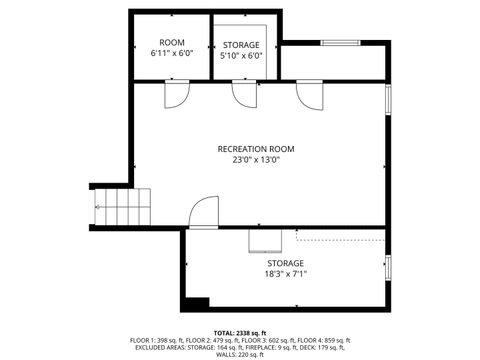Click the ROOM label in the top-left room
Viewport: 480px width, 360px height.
(172, 41)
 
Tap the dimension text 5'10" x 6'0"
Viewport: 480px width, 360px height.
(241, 56)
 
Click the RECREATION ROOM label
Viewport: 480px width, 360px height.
(256, 149)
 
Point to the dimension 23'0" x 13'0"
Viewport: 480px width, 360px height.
(256, 160)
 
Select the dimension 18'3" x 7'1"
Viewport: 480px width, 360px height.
(285, 273)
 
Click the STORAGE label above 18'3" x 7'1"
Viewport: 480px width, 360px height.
(285, 262)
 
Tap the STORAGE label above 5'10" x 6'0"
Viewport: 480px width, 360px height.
(241, 45)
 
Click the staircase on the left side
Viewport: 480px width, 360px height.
(120, 208)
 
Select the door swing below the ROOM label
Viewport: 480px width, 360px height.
(175, 94)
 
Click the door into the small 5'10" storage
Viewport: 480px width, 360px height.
(243, 93)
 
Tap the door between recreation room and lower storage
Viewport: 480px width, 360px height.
(202, 212)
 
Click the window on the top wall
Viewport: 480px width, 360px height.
(340, 42)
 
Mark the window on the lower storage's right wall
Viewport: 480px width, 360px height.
(389, 268)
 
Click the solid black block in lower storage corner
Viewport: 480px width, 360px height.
(198, 303)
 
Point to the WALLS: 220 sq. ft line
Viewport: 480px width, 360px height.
(240, 354)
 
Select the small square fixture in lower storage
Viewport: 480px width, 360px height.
(264, 241)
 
